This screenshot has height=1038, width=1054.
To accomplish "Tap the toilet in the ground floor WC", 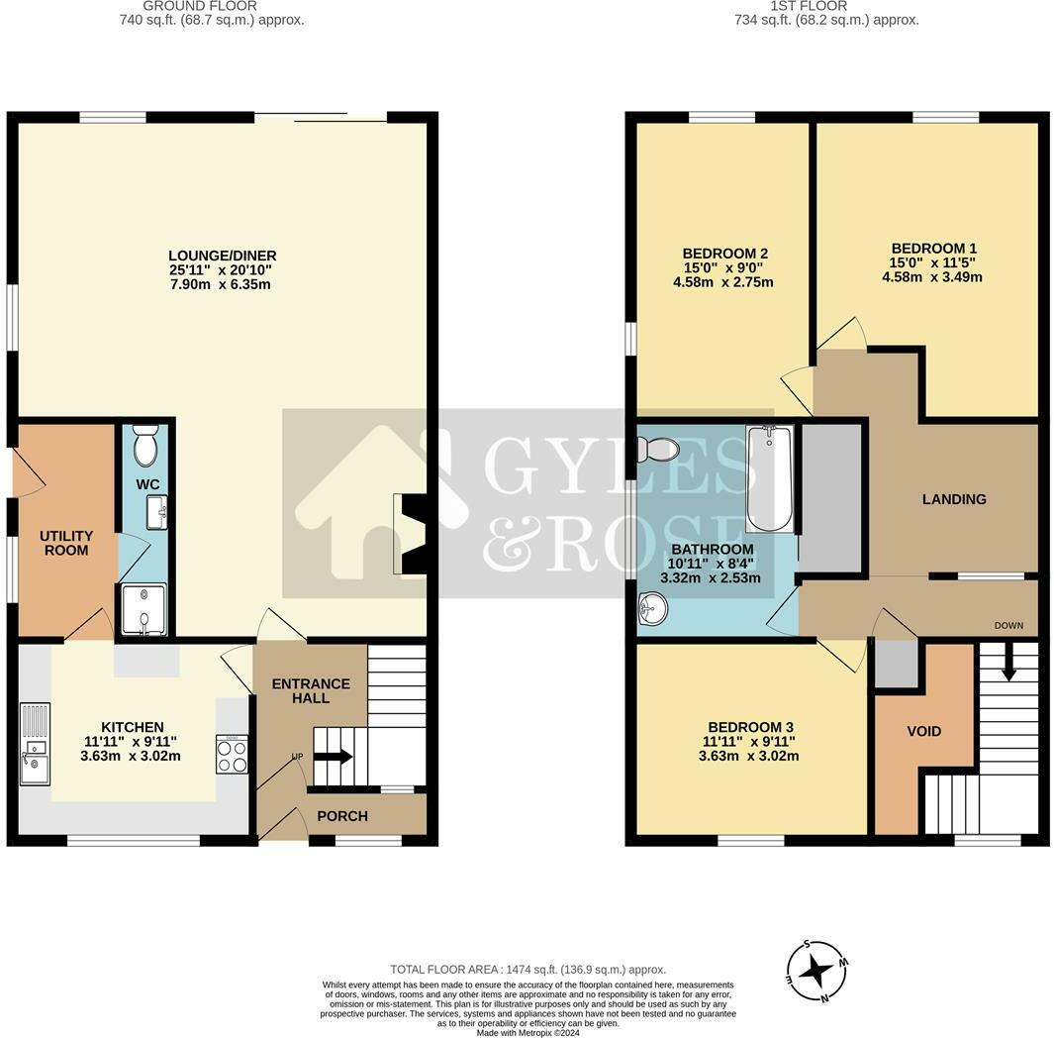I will coord(145,447).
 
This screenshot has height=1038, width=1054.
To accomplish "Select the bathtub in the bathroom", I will coord(770,478).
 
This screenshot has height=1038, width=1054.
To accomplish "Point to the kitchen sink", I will coord(33,744).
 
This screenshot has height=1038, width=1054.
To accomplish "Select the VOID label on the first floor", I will coord(923,731).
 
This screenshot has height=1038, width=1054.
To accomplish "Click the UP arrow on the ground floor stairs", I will coord(332,758).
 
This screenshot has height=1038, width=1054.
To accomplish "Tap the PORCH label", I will coord(342,816).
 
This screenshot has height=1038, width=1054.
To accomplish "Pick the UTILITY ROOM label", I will coord(65,542).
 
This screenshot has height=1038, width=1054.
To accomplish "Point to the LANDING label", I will coord(954,499).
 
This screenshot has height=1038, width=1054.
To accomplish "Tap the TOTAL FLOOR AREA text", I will coord(527,970).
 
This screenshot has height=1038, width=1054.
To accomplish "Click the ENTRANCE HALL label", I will coord(311,690).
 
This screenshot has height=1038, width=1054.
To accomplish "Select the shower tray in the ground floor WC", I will coord(143,608).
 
